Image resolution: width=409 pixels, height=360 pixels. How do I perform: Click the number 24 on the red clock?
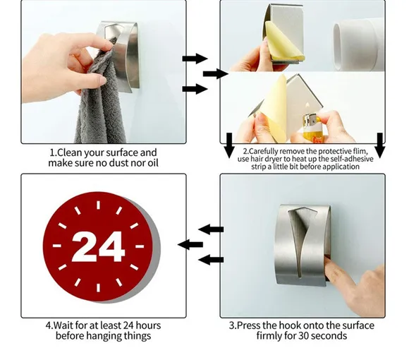click(98, 246)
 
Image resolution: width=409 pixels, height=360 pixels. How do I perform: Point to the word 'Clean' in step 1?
click(69, 152)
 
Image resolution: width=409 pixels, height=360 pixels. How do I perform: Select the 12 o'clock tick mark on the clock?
click(98, 205)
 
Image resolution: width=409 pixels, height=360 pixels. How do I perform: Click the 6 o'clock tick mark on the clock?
click(98, 288)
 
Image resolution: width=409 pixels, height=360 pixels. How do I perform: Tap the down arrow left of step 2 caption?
click(229, 145)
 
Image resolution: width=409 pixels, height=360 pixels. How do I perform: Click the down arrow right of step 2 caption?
click(380, 145)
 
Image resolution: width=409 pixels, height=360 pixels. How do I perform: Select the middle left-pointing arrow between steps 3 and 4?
click(190, 245)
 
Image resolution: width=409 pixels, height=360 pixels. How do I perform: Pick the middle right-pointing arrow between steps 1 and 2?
click(216, 74)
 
